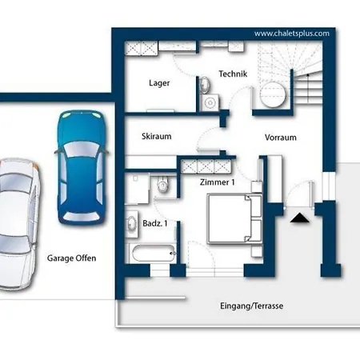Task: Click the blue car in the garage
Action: (81, 168)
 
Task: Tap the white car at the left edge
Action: (18, 224)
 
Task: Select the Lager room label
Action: (159, 83)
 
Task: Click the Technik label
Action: (233, 74)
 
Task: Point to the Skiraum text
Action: (157, 136)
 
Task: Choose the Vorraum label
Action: (281, 138)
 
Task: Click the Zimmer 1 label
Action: (218, 182)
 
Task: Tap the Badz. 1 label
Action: (155, 223)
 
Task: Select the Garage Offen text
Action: (71, 258)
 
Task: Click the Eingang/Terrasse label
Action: (251, 306)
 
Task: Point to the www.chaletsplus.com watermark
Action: (292, 34)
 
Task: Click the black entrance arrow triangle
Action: (300, 218)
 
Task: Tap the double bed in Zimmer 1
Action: (234, 218)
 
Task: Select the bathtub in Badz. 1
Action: (153, 253)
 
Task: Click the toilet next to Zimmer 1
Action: (162, 184)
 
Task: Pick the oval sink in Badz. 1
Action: (131, 223)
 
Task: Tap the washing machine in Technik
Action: (210, 102)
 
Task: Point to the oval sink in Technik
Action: (205, 85)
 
